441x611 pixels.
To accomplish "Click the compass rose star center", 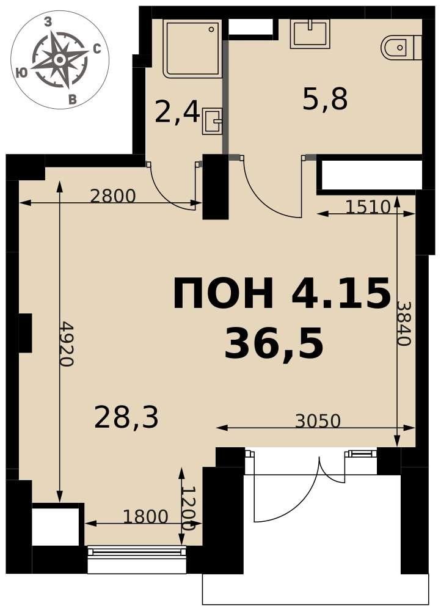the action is click(59, 60).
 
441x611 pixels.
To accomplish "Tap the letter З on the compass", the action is click(48, 22).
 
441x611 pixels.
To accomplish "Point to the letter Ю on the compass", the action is click(23, 73).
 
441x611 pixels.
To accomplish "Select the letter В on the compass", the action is click(72, 100).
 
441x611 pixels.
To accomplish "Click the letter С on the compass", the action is click(97, 49).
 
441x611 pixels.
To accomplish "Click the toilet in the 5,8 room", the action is click(401, 48).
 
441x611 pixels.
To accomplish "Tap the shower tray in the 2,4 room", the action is click(193, 49).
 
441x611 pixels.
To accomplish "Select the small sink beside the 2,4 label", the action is click(213, 121).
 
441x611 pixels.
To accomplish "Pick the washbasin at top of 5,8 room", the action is click(310, 34).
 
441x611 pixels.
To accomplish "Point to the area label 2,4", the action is click(177, 112).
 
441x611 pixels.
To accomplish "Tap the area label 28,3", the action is click(126, 417).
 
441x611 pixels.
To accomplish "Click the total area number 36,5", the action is click(274, 343).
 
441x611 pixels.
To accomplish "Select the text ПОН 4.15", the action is click(282, 292).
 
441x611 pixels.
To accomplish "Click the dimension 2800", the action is click(112, 196).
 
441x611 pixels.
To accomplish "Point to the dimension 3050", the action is click(318, 421).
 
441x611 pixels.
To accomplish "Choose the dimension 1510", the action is click(368, 207).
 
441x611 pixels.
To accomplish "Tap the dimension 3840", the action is click(404, 323).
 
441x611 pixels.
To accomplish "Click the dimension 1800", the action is click(145, 517).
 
